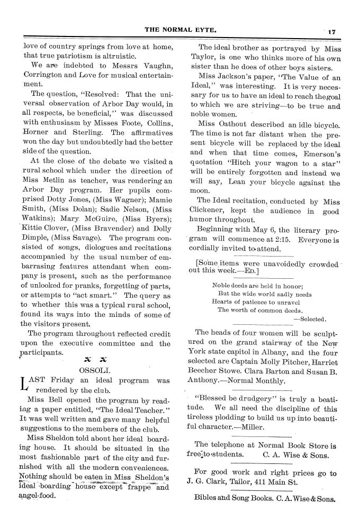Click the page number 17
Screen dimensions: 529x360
coord(332,32)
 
